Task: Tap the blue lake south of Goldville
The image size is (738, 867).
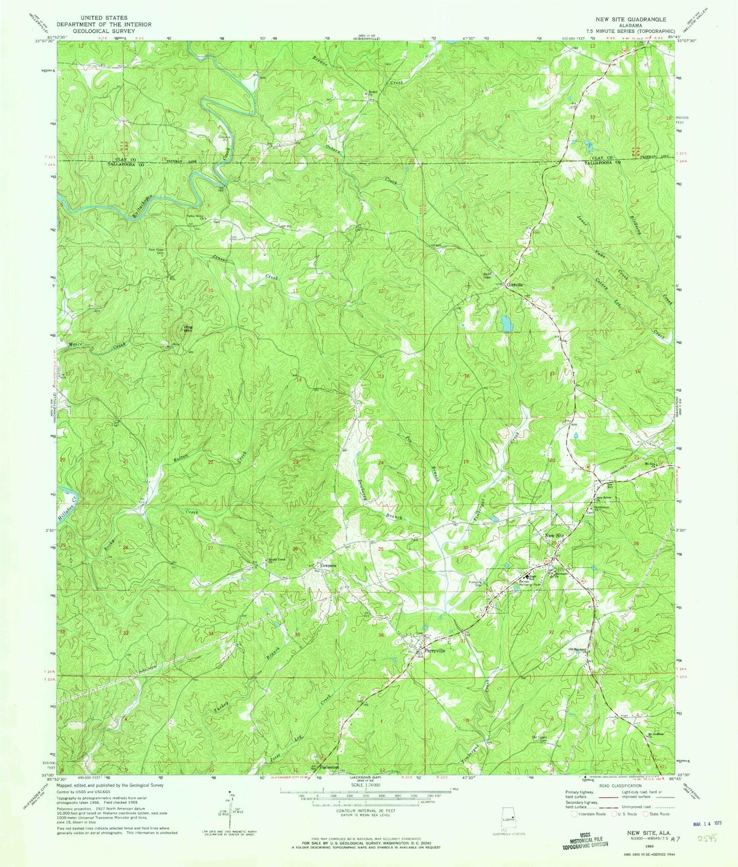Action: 506,323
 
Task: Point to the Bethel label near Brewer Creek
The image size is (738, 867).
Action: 373,92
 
